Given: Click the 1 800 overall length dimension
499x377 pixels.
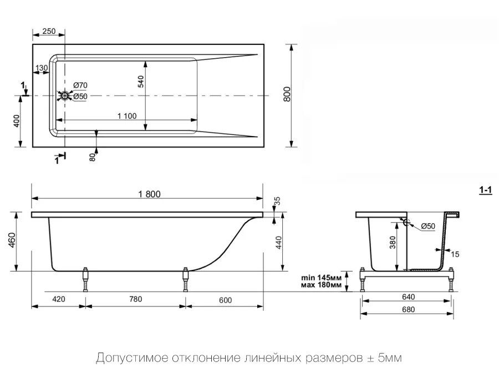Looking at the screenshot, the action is [x=149, y=194].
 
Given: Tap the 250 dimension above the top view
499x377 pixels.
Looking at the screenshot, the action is [x=49, y=31].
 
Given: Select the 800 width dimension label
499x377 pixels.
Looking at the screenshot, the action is [x=287, y=94].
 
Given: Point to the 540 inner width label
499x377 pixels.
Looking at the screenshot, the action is [x=141, y=81].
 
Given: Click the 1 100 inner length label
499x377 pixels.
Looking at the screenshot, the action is [x=127, y=116].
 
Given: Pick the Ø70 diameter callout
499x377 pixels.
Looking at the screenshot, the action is [x=80, y=86].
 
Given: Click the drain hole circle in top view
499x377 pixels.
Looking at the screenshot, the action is [x=65, y=95].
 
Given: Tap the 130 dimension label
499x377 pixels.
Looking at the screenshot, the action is [x=42, y=68].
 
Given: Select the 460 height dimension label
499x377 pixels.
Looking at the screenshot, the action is [x=12, y=240].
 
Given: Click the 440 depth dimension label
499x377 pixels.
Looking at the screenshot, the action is [x=278, y=243].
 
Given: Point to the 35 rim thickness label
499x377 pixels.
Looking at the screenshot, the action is [x=277, y=201].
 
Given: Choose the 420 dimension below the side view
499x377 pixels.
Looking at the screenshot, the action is [x=59, y=299].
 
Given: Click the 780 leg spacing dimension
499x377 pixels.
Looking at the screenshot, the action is [x=136, y=299].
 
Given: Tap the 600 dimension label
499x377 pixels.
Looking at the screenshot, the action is [x=225, y=300].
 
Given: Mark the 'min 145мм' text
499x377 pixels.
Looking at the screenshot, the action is [x=321, y=278].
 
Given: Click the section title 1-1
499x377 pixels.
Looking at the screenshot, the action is [x=486, y=190].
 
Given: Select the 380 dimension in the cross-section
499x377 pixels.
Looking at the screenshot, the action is [x=393, y=243].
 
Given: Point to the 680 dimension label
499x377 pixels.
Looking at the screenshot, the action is [x=408, y=309].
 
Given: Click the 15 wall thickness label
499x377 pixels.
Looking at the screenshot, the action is [x=455, y=254].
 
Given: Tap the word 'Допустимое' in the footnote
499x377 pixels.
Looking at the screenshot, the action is [x=132, y=358].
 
